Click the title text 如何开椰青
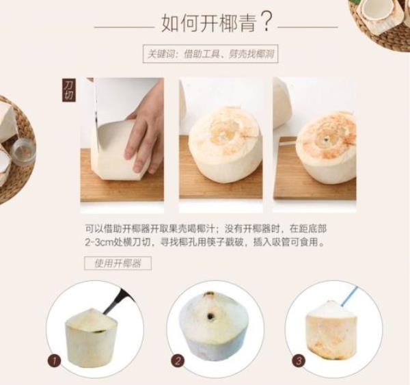(208, 23)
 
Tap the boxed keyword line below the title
(210, 54)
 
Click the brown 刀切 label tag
(69, 90)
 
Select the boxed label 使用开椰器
(118, 263)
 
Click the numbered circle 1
(54, 362)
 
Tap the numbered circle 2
(178, 362)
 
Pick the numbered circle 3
(299, 361)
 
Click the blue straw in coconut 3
(349, 297)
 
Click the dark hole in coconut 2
(210, 317)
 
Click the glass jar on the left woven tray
(23, 153)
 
